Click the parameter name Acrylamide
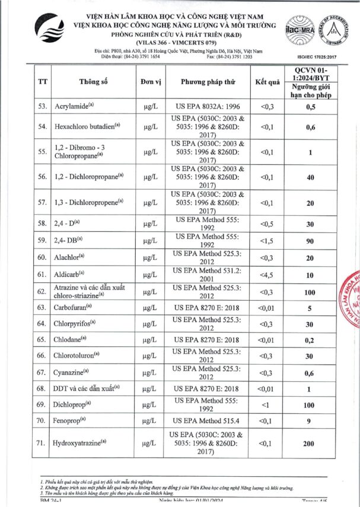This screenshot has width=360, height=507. click(75, 107)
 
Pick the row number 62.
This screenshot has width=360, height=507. click(42, 291)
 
